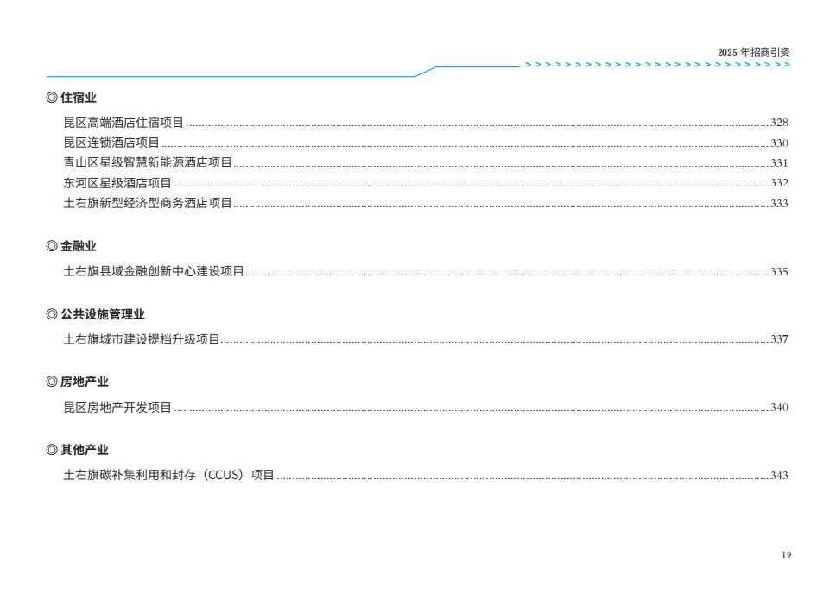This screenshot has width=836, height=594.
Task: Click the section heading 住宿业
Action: pos(79,98)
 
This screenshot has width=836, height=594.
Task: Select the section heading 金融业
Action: pos(79,246)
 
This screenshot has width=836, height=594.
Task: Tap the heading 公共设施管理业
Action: pos(103,314)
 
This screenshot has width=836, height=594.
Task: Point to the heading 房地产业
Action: pos(85,382)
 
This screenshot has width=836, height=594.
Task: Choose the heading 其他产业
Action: pos(85,450)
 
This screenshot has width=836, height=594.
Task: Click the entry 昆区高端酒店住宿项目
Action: pos(123,123)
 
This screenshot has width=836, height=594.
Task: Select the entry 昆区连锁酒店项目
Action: pos(111,142)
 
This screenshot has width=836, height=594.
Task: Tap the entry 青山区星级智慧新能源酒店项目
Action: pos(148,162)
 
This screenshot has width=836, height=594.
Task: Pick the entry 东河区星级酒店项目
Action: pos(117,183)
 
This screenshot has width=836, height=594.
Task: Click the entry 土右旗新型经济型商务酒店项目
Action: pos(148,203)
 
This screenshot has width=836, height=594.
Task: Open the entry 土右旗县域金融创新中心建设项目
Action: pos(154,271)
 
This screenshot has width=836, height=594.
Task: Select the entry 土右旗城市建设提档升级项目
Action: pos(142,339)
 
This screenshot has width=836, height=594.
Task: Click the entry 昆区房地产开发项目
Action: pos(117,408)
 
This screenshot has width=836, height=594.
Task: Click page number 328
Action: pos(779,123)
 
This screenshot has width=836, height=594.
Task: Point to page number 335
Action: pos(779,271)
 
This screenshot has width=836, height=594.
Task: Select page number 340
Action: pos(779,408)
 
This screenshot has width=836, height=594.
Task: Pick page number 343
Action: pos(779,475)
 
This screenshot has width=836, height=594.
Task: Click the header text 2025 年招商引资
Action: pos(754,53)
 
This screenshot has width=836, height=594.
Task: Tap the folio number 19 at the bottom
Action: pos(787,555)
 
